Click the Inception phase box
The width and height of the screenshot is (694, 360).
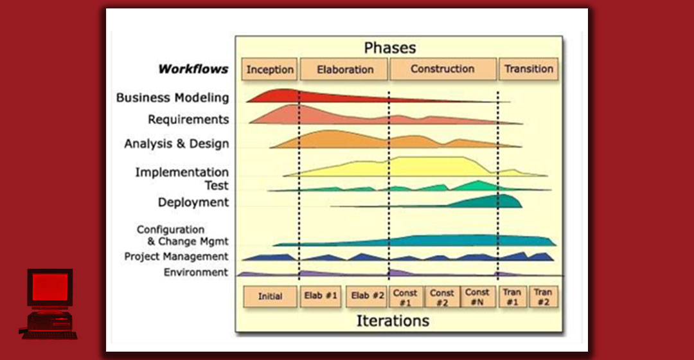(x=270, y=69)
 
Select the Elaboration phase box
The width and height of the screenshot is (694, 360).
(x=344, y=69)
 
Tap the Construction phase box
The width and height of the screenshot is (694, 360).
(x=443, y=69)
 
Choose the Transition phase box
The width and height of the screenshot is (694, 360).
(x=529, y=69)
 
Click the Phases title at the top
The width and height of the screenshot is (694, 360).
(x=390, y=48)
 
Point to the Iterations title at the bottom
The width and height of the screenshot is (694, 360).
(x=393, y=320)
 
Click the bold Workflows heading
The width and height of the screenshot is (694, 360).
(x=193, y=69)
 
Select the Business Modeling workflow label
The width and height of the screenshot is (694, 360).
(x=172, y=98)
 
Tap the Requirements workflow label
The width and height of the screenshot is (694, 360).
(x=188, y=120)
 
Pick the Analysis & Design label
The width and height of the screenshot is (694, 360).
(x=177, y=144)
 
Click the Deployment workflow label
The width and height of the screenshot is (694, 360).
(x=193, y=203)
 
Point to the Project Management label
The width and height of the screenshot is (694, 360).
(x=176, y=256)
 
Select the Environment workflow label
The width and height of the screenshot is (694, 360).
(x=196, y=272)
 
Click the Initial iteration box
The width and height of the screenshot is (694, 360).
(x=270, y=296)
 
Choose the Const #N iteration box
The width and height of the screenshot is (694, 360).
(x=477, y=296)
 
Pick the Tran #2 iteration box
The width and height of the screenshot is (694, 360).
(x=544, y=296)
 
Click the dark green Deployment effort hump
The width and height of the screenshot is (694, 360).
(x=495, y=201)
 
